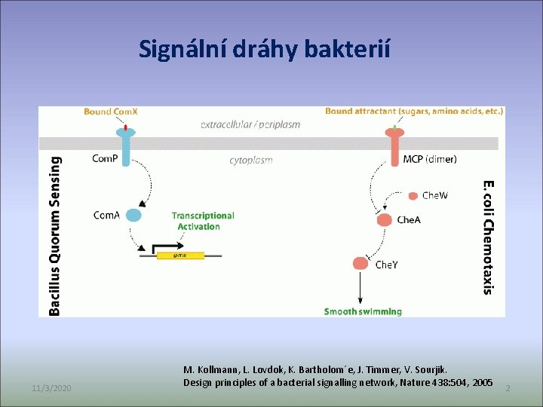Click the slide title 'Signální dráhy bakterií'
[265, 49]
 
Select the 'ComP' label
[105, 158]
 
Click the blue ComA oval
[133, 215]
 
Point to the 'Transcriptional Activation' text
[202, 221]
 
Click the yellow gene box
[180, 256]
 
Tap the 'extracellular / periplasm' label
[250, 124]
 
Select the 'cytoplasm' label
[251, 160]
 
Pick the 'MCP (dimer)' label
[430, 159]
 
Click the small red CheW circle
[413, 196]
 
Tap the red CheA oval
[384, 220]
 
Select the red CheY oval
[361, 264]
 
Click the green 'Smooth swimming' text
[363, 311]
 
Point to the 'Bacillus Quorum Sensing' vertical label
[55, 235]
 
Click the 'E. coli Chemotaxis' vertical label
[489, 236]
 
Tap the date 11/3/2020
[52, 387]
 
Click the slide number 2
[508, 387]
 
